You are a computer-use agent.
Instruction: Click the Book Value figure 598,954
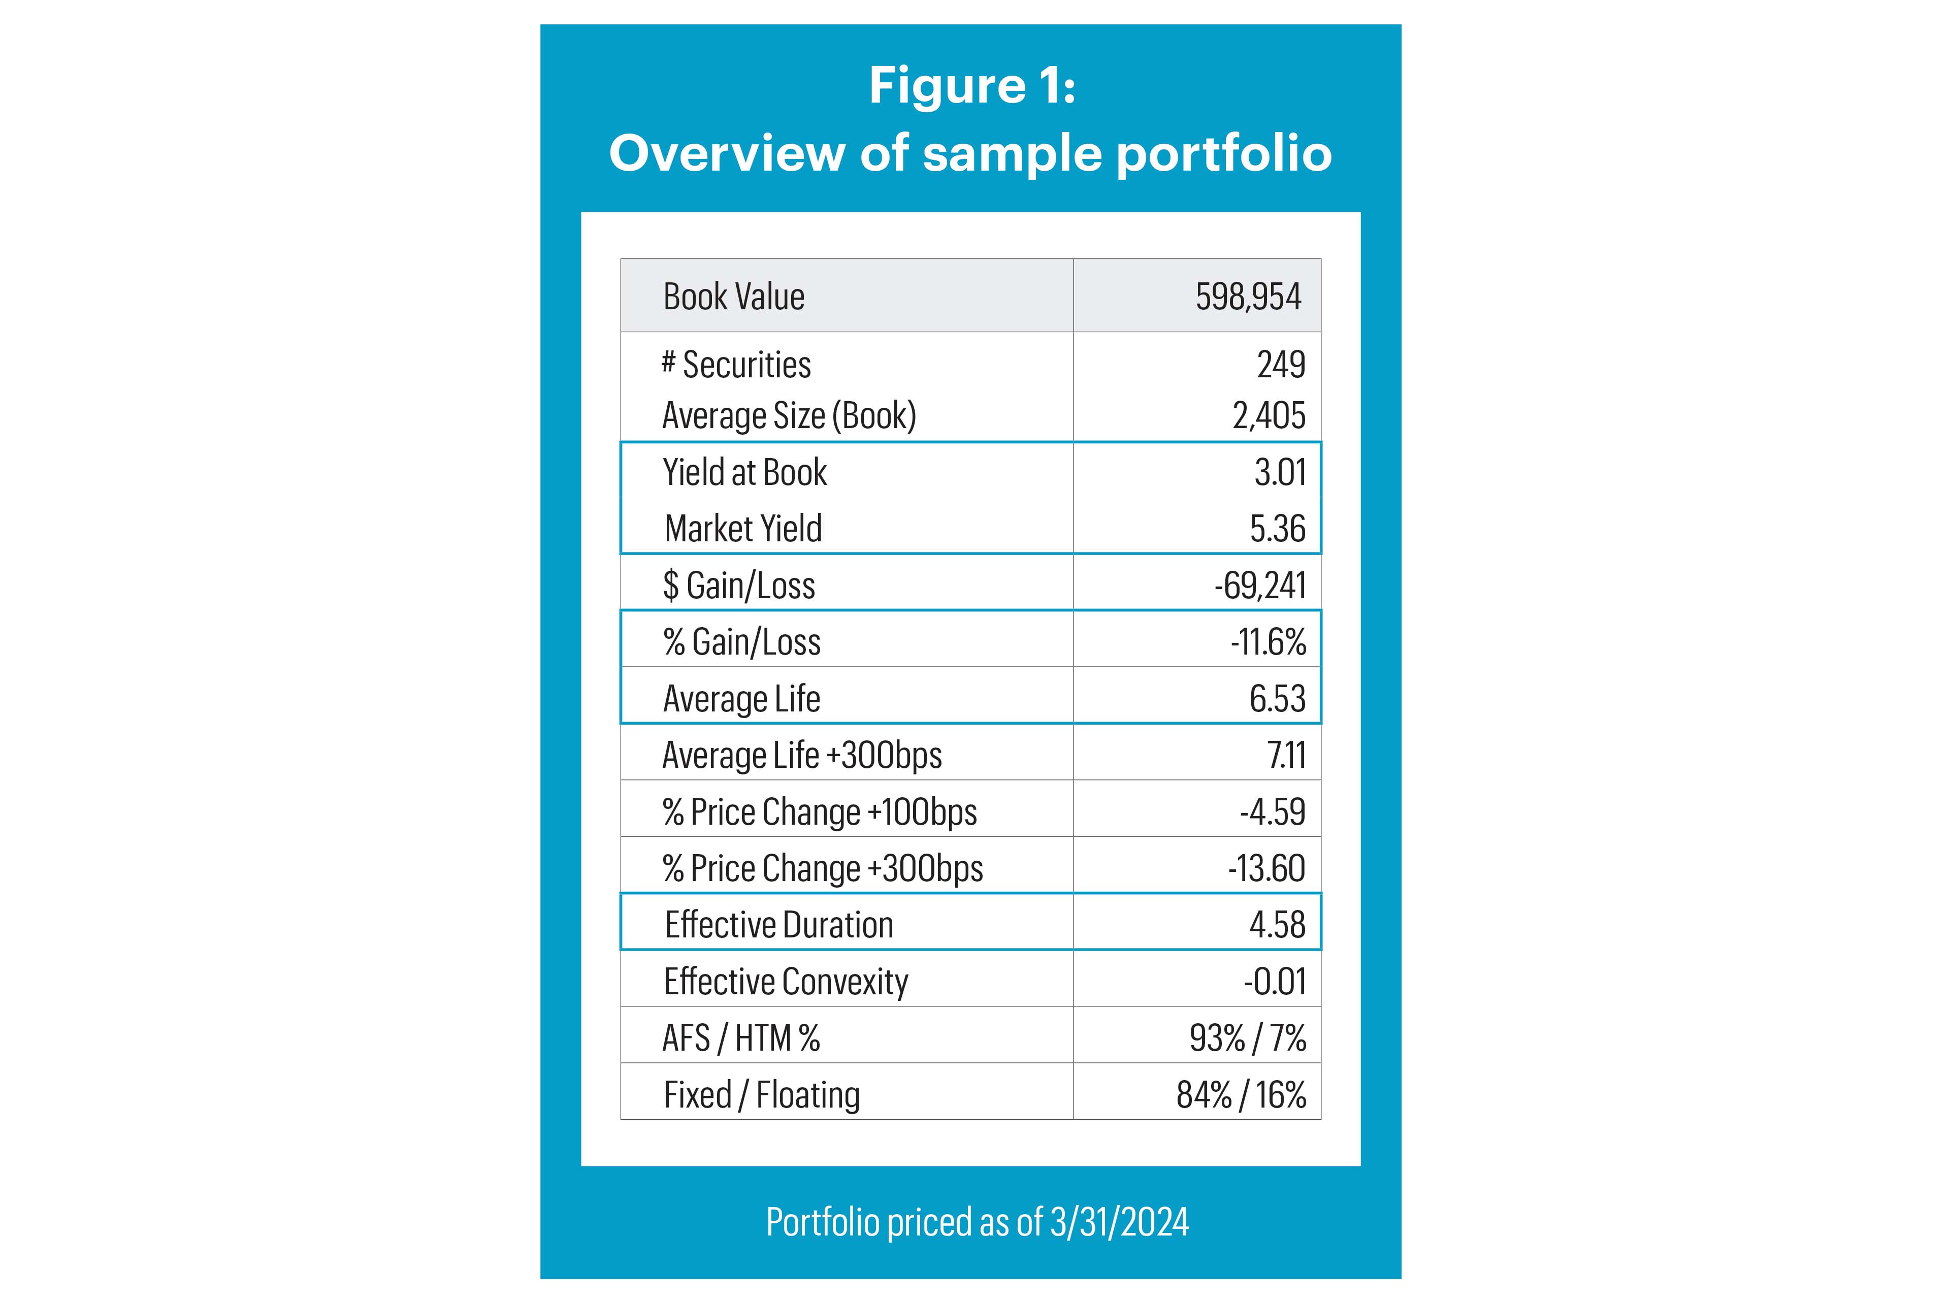[x=1248, y=297]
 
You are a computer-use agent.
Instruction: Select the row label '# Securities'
[x=736, y=365]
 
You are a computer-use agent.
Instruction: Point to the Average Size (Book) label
[x=789, y=415]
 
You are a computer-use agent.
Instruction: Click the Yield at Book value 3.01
[x=1280, y=473]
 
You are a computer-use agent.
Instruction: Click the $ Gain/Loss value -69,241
[x=1260, y=586]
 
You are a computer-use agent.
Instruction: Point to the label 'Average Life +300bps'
[x=802, y=755]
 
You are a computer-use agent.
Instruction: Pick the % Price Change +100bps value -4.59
[x=1273, y=811]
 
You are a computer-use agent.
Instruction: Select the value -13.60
[x=1267, y=868]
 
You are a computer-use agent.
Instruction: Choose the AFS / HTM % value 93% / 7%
[x=1248, y=1038]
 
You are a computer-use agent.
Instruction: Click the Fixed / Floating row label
[x=761, y=1094]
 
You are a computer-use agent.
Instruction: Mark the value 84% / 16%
[x=1241, y=1094]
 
